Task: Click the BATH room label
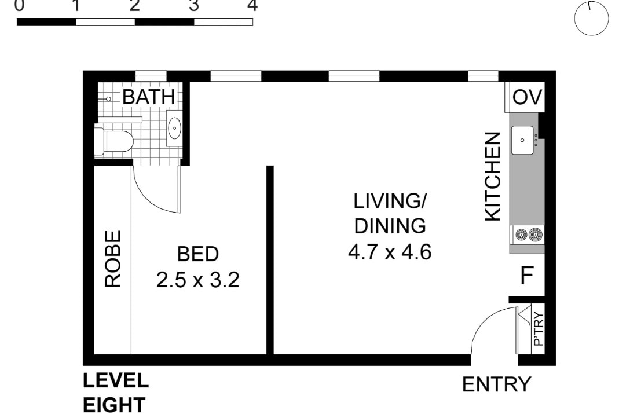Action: click(149, 97)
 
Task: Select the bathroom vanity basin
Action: click(174, 128)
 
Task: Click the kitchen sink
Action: click(522, 140)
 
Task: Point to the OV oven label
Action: click(527, 97)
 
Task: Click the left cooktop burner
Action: click(522, 235)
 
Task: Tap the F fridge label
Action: click(527, 276)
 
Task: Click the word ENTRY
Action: click(497, 384)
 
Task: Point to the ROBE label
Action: click(113, 258)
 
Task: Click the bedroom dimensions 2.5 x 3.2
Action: click(197, 280)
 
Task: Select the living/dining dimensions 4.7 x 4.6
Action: click(390, 252)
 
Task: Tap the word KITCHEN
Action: click(493, 177)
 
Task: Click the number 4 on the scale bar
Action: click(252, 5)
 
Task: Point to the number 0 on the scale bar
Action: click(19, 5)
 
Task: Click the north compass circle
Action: click(591, 18)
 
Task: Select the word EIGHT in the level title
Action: click(113, 405)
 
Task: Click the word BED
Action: click(197, 254)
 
